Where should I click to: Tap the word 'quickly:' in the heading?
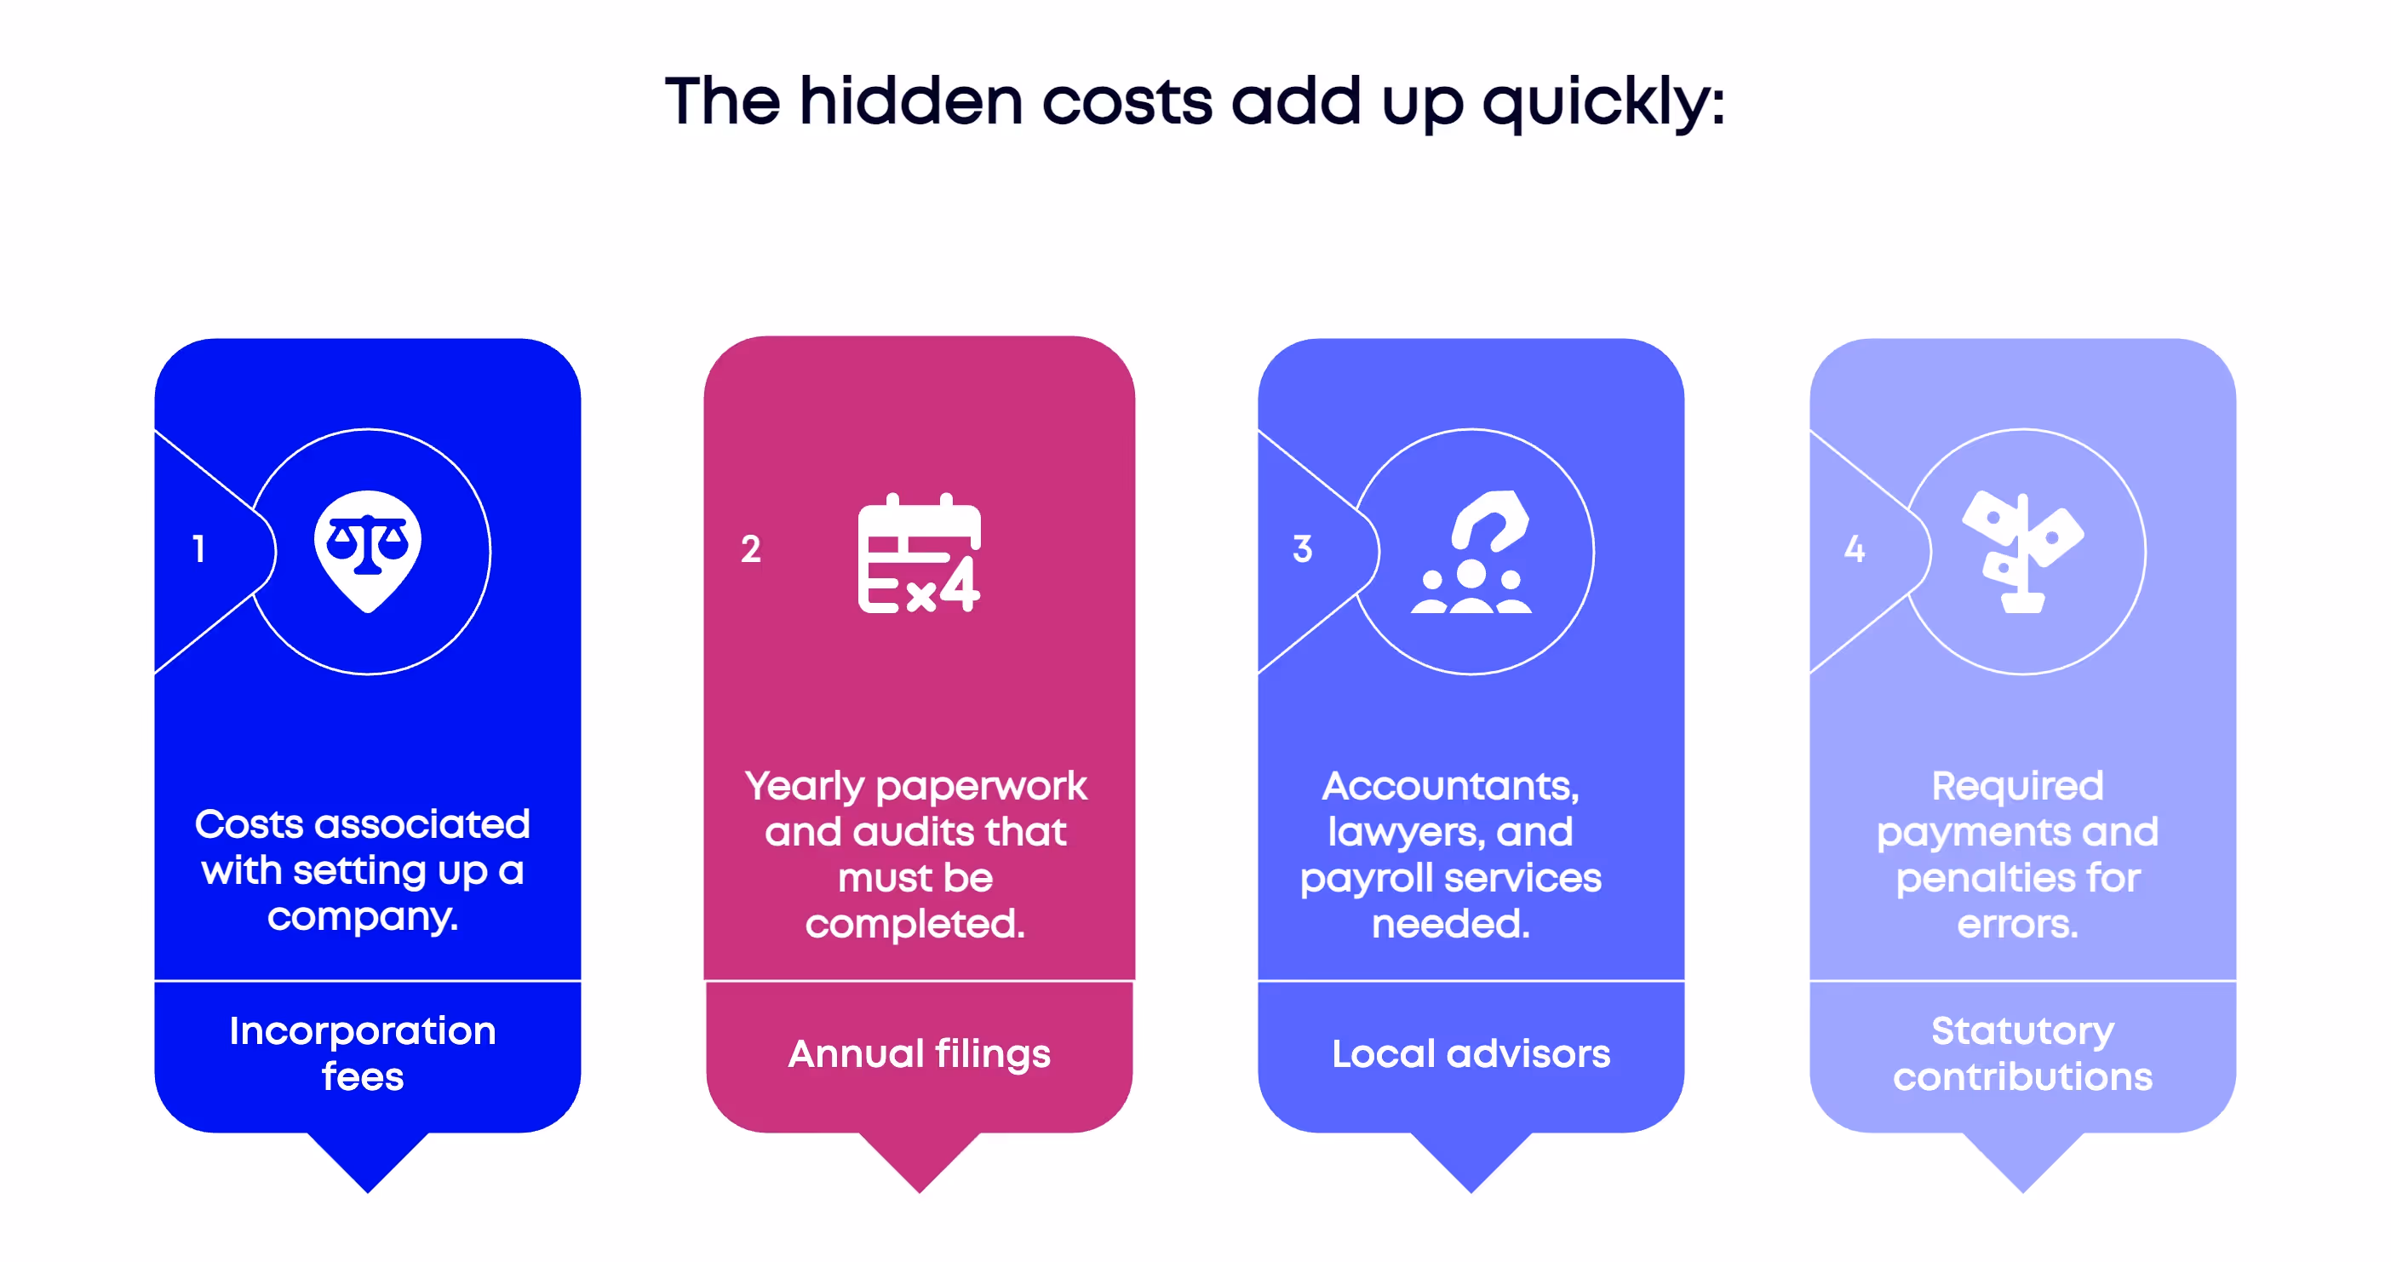tap(1603, 102)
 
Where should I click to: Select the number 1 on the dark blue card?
tap(198, 548)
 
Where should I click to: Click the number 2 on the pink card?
tap(750, 548)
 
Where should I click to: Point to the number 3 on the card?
tap(1302, 548)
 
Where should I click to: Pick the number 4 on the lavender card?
tap(1854, 548)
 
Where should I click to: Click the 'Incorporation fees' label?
tap(363, 1053)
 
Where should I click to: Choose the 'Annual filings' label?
tap(919, 1053)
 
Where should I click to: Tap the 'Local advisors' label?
tap(1471, 1053)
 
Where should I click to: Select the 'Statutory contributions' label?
tap(2022, 1053)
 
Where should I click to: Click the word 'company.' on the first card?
tap(363, 917)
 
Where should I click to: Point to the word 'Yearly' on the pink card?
tap(804, 786)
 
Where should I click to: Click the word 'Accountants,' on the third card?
tap(1450, 786)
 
